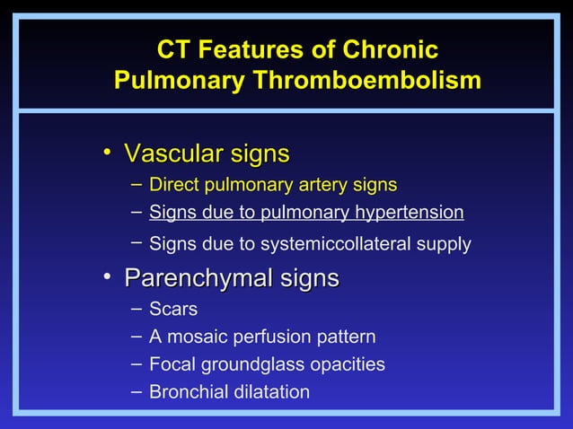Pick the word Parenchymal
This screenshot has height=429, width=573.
click(x=199, y=278)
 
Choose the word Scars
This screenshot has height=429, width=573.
click(x=173, y=310)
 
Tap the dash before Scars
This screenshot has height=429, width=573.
click(x=135, y=309)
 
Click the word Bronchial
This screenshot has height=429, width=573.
click(x=184, y=392)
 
